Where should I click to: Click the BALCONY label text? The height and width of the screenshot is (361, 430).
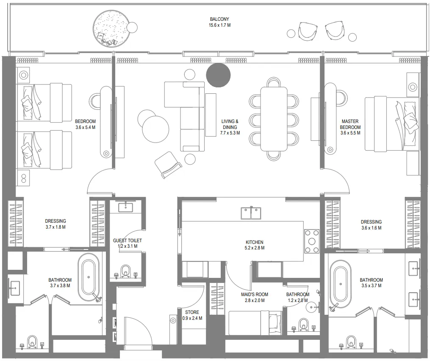(220, 19)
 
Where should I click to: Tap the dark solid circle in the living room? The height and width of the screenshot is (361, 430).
(218, 75)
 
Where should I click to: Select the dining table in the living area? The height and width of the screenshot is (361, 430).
(274, 118)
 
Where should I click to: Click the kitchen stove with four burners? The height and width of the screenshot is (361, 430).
(312, 241)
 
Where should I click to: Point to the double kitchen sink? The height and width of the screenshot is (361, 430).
(251, 213)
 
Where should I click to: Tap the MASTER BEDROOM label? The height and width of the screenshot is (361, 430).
(350, 124)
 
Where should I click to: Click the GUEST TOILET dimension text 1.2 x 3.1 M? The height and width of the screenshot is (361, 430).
(127, 246)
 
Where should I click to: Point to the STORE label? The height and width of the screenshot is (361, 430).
(192, 312)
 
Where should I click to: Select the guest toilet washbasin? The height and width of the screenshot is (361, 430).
(125, 207)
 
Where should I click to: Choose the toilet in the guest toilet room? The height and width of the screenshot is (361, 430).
(125, 271)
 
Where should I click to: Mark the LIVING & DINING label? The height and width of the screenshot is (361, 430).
(230, 124)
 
